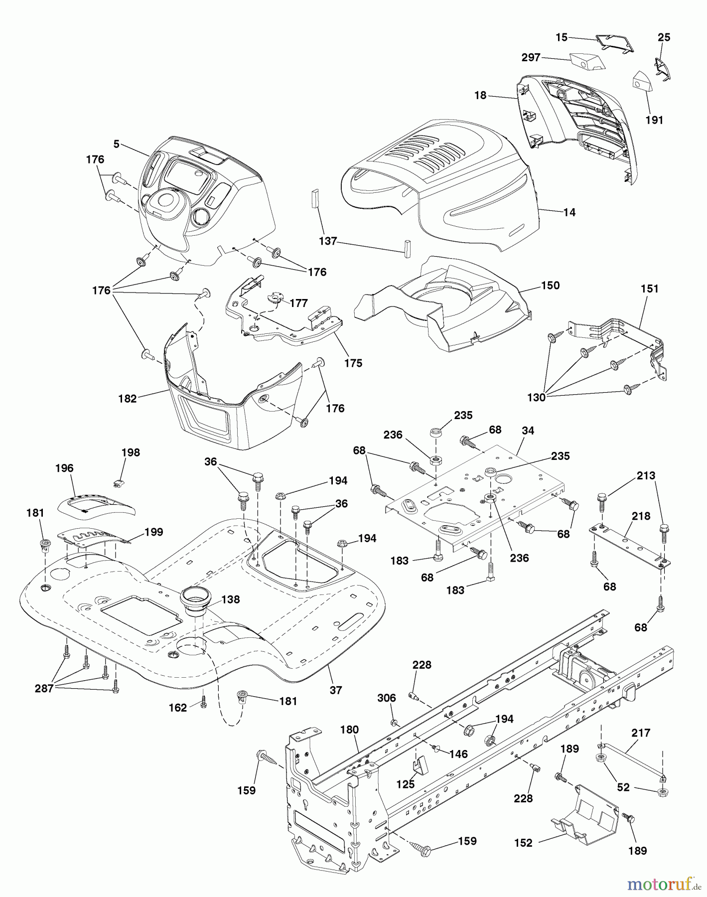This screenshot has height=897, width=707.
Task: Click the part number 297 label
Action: [531, 58]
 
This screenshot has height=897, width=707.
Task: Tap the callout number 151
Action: [649, 289]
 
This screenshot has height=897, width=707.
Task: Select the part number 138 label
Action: [230, 599]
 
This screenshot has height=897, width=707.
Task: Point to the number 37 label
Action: [336, 690]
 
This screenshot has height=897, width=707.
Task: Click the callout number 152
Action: [523, 843]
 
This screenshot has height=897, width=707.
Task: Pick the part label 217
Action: [641, 733]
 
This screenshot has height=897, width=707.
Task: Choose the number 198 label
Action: [131, 452]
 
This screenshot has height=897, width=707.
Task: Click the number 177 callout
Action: [298, 303]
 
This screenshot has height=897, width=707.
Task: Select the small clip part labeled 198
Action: [119, 482]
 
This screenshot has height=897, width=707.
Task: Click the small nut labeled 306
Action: [394, 722]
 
